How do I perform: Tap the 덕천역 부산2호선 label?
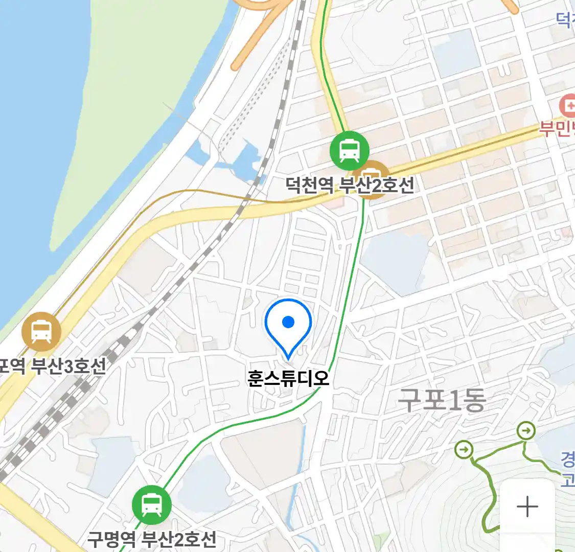(x=350, y=185)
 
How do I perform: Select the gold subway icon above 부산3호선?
(x=41, y=332)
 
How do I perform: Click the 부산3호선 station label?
(x=53, y=365)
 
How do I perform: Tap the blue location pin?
(x=288, y=326)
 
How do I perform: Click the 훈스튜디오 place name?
(x=288, y=378)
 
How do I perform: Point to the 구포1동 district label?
(x=442, y=400)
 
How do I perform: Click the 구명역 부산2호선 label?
(x=152, y=539)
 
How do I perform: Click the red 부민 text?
(x=557, y=128)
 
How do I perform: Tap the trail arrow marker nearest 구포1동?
(x=465, y=450)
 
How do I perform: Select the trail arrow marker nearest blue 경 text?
(x=525, y=431)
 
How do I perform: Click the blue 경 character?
(x=568, y=459)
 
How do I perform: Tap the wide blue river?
(x=31, y=153)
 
